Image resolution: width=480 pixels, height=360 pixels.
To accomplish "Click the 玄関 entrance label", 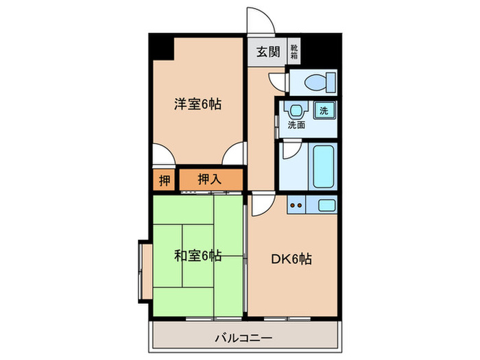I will pos(268,51).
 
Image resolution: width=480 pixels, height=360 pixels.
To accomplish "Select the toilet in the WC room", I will pos(316,82).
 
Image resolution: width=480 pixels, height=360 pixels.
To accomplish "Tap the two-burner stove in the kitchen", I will pos(297,204).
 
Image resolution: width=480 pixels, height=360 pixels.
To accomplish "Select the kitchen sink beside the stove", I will pos(326,204).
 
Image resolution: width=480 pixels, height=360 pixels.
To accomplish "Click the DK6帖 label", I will pos(293,259).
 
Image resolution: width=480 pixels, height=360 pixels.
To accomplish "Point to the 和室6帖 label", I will pos(197,256).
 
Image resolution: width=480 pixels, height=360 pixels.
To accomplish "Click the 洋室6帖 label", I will pos(197,104).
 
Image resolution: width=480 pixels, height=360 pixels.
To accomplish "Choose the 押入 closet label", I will pos(210,180).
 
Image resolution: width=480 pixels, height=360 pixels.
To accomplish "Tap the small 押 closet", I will pos(164,180).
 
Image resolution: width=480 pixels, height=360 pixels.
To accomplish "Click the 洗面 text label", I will pos(296,125).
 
